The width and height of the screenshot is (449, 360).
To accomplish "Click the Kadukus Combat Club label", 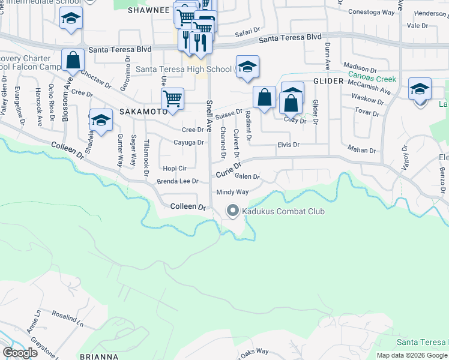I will tap(283, 211).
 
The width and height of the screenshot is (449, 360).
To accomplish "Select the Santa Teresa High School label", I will tap(183, 70).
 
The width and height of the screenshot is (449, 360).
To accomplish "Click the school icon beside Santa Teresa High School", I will tap(247, 67).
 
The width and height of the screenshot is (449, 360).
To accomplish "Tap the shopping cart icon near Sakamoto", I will tap(172, 99).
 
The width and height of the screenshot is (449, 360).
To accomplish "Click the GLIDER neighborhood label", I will tap(327, 80).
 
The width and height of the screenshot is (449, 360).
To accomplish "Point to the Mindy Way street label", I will tap(232, 192).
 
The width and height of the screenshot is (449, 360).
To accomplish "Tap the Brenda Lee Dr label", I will tap(177, 181).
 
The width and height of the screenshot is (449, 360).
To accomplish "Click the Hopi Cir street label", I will tap(175, 169).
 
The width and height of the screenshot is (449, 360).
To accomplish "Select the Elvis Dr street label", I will tap(288, 145).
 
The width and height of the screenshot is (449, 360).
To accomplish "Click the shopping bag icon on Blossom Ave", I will tap(73, 61).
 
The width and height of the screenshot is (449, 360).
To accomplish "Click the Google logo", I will tap(20, 353).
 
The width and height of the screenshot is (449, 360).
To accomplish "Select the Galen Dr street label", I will tap(247, 176).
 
